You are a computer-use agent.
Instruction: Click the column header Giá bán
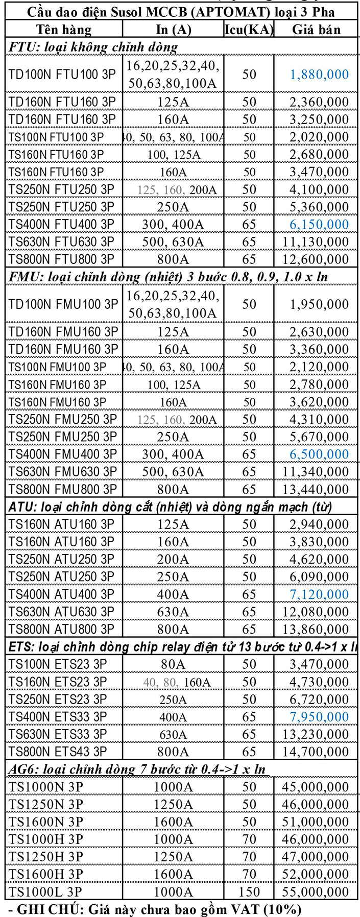tap(316, 30)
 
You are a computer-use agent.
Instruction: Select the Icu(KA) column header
tap(249, 30)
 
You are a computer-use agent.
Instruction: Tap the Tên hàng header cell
tap(64, 30)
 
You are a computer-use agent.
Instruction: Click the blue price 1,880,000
tap(319, 75)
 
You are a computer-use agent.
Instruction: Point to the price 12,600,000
tap(316, 259)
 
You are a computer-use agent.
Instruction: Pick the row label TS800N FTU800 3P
tap(61, 259)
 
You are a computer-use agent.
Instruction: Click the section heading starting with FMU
tap(169, 277)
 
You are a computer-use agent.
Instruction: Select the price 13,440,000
tap(316, 489)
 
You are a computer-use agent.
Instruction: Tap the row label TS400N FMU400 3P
tap(62, 454)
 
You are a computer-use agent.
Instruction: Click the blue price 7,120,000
tap(319, 594)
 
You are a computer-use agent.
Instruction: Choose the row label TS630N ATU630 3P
tap(61, 612)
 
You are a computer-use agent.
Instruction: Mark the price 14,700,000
tap(316, 752)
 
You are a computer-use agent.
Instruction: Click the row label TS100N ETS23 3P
tap(58, 664)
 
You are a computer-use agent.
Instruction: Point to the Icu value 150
tap(249, 892)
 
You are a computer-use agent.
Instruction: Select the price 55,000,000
tap(316, 892)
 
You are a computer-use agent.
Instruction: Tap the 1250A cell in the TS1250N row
tap(173, 805)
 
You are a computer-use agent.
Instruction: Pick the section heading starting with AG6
tap(137, 769)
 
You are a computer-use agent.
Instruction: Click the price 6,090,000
tap(319, 577)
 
